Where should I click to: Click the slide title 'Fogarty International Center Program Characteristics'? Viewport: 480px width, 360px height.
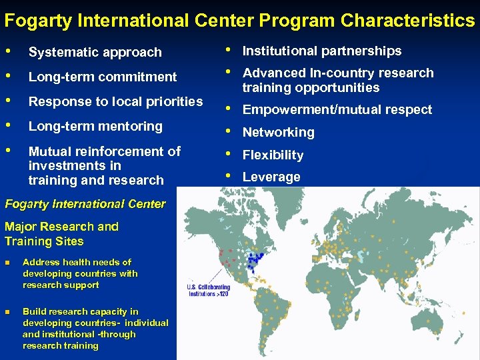click(x=239, y=20)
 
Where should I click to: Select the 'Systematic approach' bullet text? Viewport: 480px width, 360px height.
click(x=95, y=52)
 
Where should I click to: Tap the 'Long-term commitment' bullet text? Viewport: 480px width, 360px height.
click(x=102, y=77)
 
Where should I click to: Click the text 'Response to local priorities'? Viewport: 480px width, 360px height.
click(x=115, y=101)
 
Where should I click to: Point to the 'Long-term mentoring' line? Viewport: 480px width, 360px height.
click(x=95, y=126)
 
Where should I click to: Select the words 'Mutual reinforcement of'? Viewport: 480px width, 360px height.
click(x=105, y=151)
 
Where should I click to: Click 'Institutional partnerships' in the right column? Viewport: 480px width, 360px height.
click(x=321, y=51)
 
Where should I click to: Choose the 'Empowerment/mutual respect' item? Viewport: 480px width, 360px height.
click(x=337, y=110)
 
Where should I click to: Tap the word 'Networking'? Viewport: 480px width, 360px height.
click(x=278, y=132)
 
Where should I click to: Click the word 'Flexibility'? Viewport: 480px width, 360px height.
click(x=273, y=155)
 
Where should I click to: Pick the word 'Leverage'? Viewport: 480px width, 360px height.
click(x=271, y=177)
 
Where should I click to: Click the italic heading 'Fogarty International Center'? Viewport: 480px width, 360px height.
click(x=85, y=204)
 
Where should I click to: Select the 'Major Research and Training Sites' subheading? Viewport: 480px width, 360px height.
click(x=61, y=234)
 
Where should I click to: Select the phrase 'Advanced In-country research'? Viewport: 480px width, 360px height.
click(x=337, y=73)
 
